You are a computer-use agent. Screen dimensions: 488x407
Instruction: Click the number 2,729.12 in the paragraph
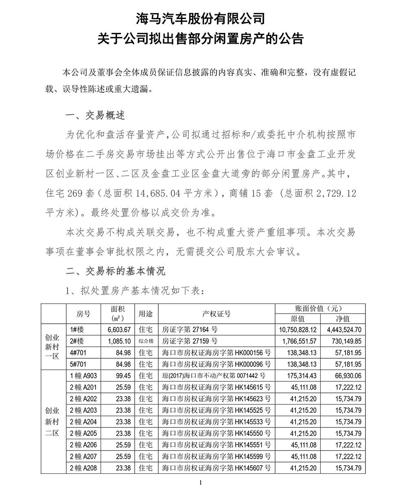point(335,194)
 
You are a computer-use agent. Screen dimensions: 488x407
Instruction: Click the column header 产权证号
point(216,314)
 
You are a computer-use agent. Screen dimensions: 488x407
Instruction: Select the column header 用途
point(146,314)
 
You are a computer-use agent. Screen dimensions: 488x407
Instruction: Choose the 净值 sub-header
point(343,319)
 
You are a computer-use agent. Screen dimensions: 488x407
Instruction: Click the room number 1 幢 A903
point(83,375)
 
